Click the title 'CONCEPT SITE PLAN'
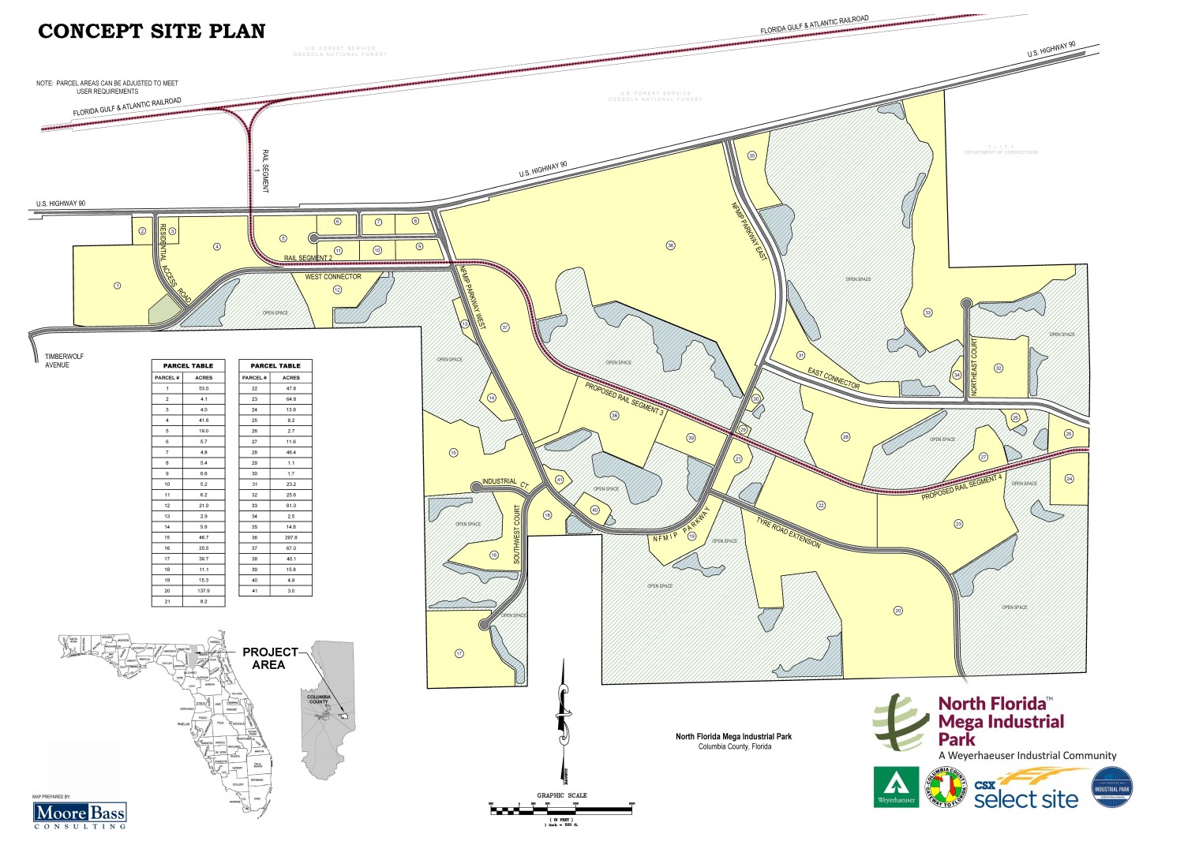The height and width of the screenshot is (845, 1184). click(152, 32)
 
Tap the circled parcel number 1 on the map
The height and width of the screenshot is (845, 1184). click(118, 286)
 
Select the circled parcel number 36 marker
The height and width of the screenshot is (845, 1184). click(671, 245)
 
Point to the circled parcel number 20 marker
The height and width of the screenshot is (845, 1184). click(897, 610)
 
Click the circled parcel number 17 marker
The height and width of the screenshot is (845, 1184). click(459, 653)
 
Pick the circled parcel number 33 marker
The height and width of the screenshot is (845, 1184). click(928, 313)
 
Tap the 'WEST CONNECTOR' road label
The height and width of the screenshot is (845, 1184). click(333, 277)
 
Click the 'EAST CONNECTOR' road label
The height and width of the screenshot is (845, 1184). click(834, 378)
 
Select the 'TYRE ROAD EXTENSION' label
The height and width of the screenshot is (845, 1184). click(788, 533)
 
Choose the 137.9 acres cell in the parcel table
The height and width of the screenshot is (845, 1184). click(204, 590)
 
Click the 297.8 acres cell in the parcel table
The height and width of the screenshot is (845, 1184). click(291, 537)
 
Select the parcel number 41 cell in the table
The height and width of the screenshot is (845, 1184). click(254, 590)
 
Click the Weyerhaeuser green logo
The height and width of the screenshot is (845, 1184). click(896, 787)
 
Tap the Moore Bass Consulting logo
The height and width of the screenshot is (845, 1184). click(80, 814)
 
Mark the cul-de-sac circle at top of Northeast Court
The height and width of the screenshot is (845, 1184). click(966, 303)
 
